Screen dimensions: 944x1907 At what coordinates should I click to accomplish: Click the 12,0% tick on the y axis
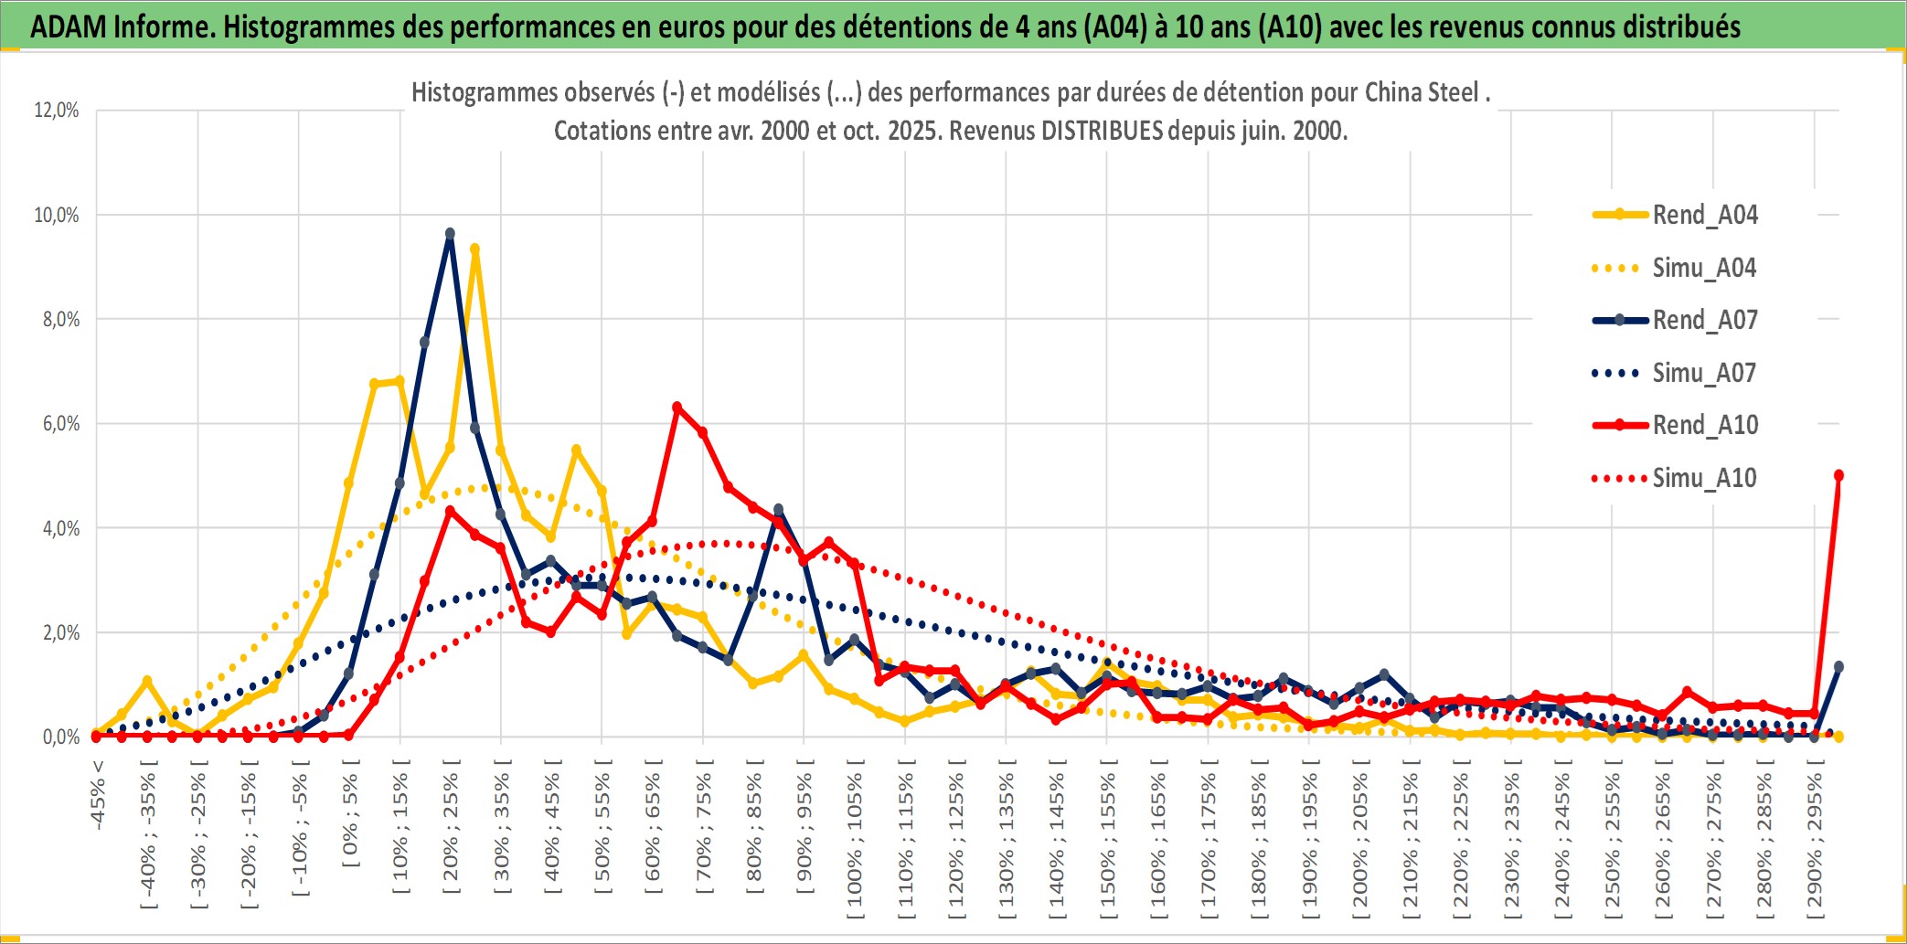57,111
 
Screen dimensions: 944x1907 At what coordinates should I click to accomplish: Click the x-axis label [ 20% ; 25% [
451,832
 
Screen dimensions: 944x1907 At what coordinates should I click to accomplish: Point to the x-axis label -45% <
98,795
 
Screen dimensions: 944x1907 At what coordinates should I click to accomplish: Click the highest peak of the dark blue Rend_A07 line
450,234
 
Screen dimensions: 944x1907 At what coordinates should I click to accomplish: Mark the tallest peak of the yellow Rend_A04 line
474,249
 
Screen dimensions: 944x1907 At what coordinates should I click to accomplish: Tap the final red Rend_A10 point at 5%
1838,475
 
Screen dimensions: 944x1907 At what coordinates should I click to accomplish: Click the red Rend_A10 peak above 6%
677,407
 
